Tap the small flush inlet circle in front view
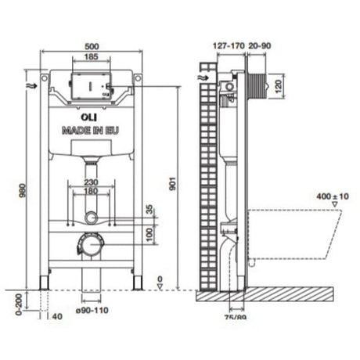tap(93, 216)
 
